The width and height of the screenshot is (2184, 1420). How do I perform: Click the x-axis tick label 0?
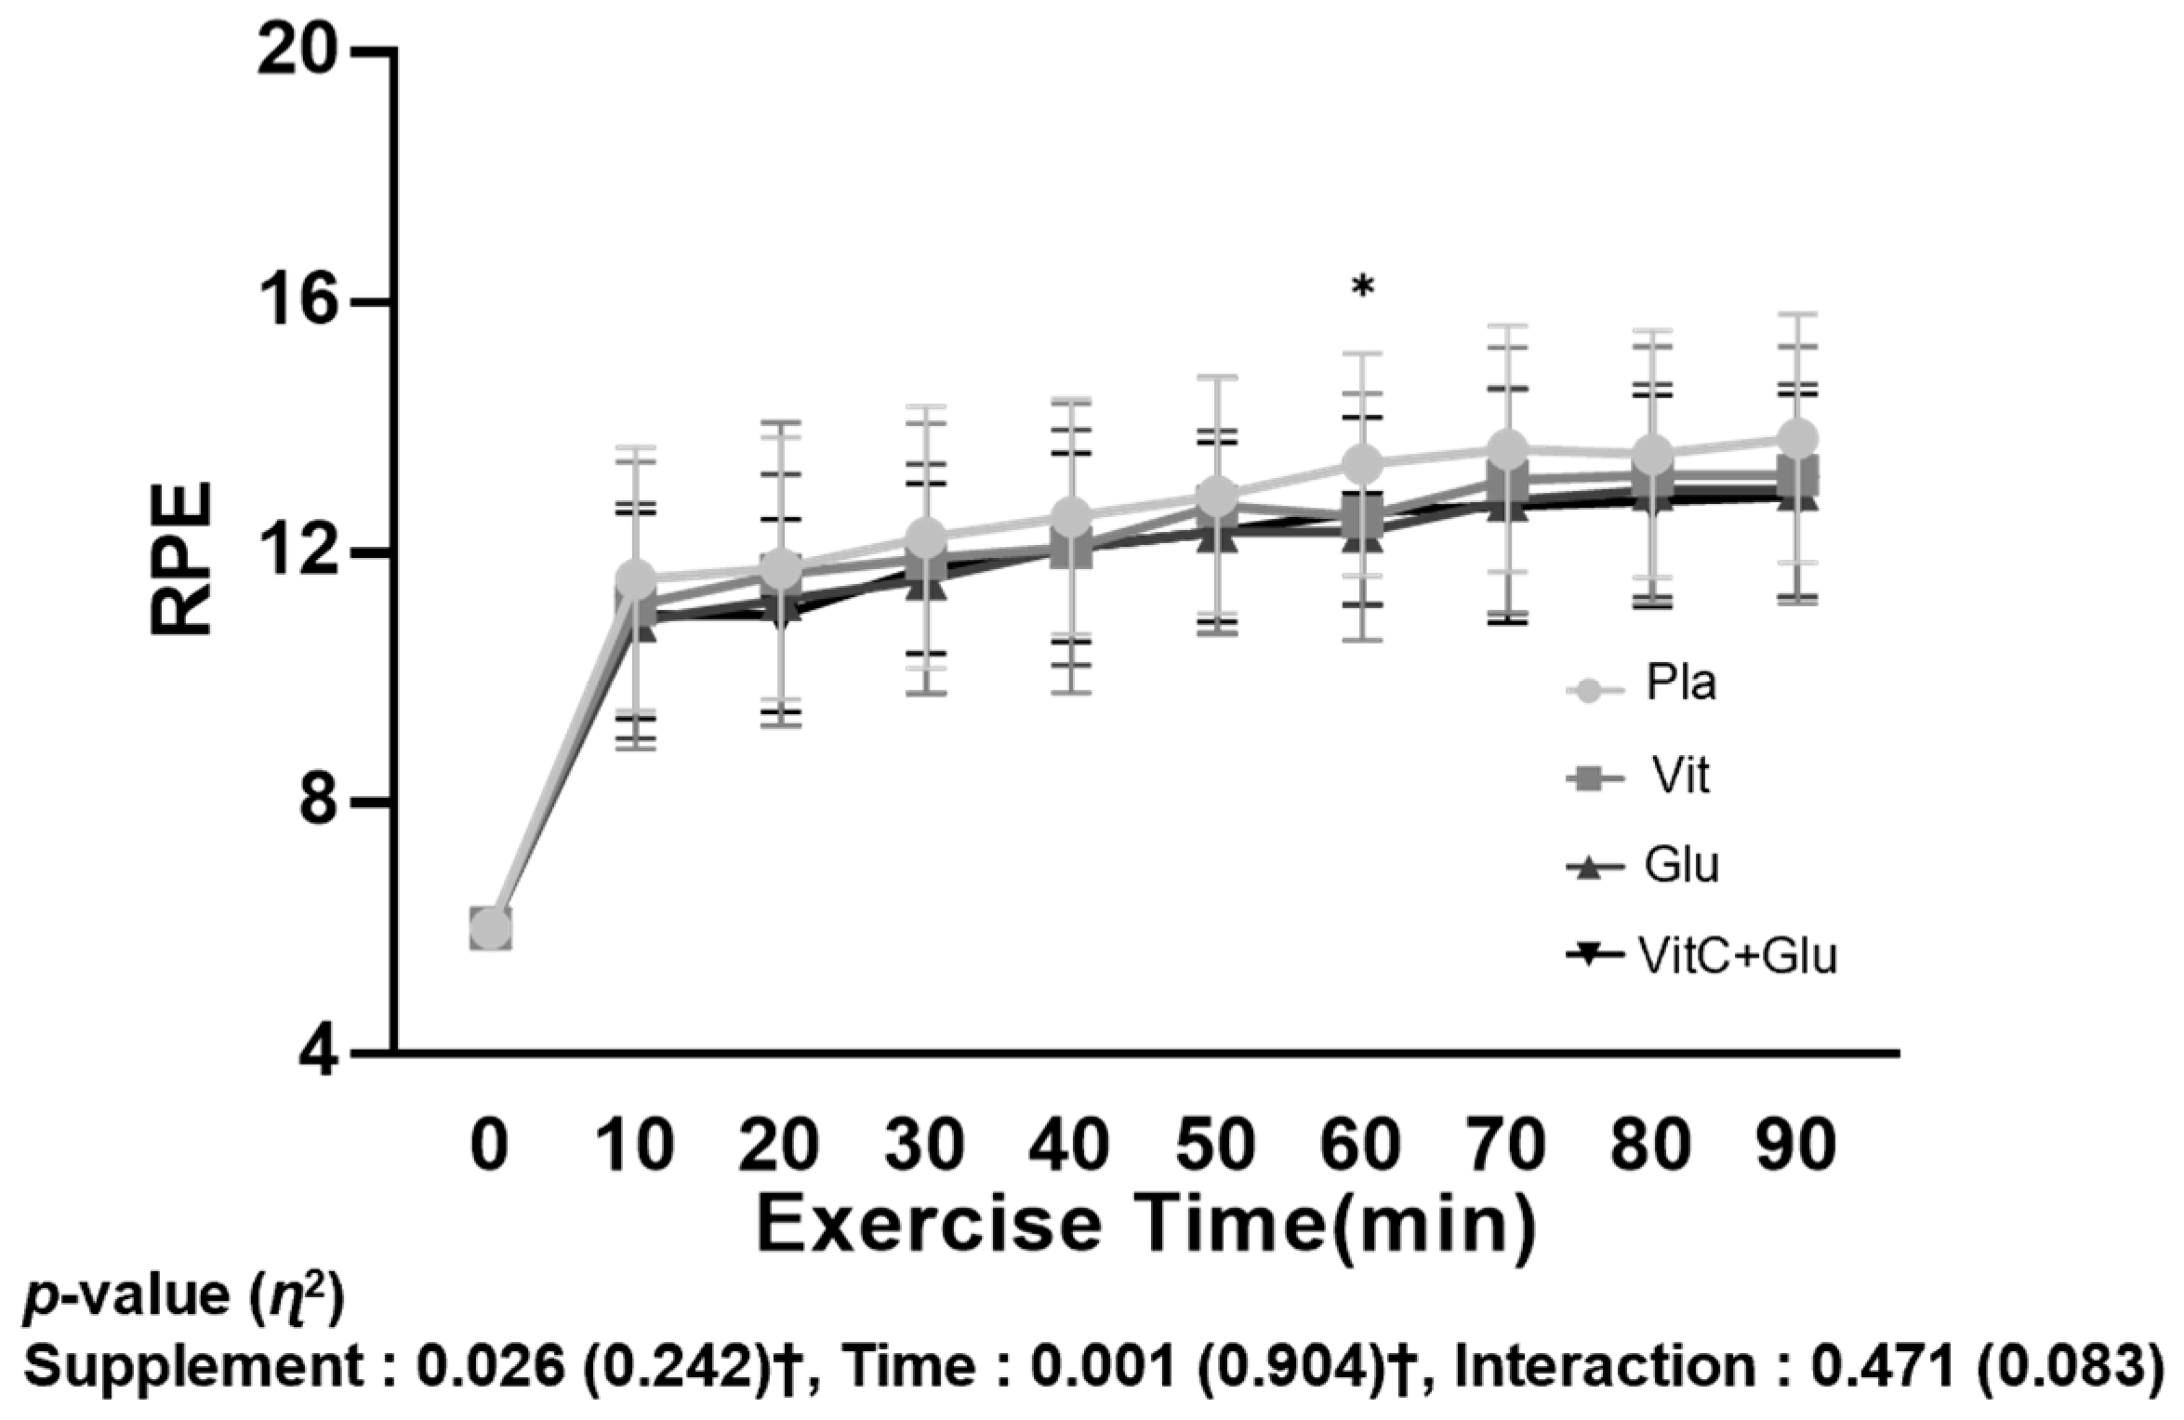pos(489,1146)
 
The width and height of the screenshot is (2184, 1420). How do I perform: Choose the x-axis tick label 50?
pos(1216,1146)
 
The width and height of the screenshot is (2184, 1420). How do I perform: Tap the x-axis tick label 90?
pos(1796,1146)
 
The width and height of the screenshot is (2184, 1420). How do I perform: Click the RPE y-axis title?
pos(182,557)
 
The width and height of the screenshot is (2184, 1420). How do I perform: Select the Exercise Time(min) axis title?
pos(1147,1227)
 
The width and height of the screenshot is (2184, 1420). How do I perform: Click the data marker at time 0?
pos(489,929)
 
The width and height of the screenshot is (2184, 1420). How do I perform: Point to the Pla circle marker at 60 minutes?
pos(1363,463)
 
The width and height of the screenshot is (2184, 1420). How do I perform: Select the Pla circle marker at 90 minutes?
pos(1797,437)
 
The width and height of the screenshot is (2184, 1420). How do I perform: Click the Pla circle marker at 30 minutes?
pos(926,537)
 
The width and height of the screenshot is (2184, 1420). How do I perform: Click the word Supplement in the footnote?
pos(192,1367)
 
